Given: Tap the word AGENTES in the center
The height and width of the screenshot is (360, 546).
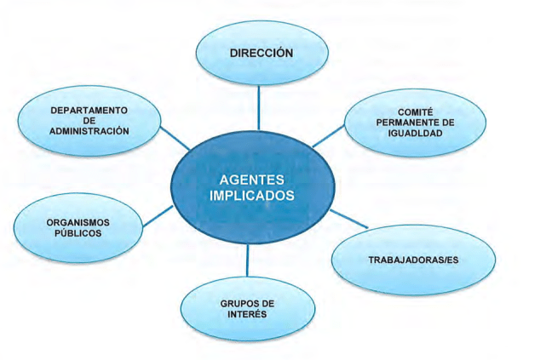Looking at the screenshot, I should (x=251, y=180).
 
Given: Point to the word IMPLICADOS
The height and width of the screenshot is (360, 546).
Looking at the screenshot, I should (x=251, y=196).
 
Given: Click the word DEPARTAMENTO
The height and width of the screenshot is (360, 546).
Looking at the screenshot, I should (x=89, y=111).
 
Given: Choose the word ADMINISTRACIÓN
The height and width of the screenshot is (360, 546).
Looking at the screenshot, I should (x=89, y=132).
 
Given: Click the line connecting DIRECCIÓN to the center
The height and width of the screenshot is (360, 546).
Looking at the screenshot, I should (x=258, y=109).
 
